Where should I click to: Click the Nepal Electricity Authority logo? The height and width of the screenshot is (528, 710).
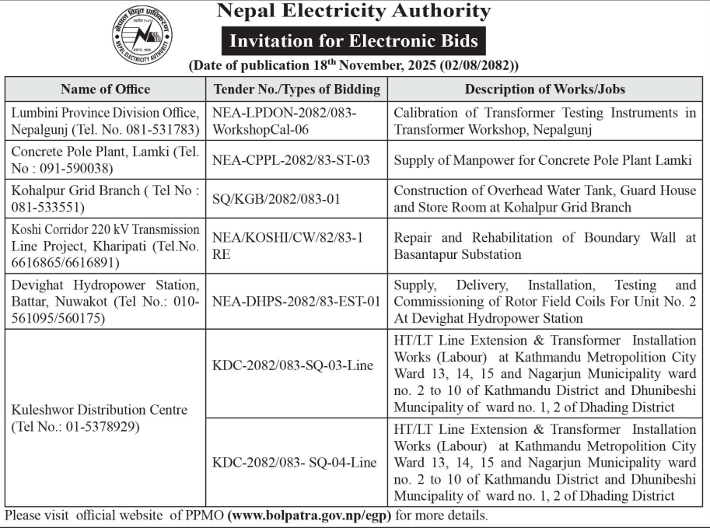(x=142, y=37)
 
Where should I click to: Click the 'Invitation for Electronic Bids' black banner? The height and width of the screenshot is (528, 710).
(x=354, y=40)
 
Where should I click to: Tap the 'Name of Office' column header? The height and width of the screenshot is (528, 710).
(x=105, y=89)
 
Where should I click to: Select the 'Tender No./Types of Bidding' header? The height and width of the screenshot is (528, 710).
(x=296, y=89)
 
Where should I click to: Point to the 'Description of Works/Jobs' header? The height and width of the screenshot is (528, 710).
(x=545, y=89)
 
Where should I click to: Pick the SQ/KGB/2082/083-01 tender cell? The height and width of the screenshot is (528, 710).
(x=276, y=198)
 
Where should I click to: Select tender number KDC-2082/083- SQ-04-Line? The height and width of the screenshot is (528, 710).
(x=295, y=462)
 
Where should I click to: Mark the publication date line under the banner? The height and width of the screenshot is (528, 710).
(x=354, y=66)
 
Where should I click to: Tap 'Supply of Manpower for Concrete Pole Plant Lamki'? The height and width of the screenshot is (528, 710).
(x=543, y=160)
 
